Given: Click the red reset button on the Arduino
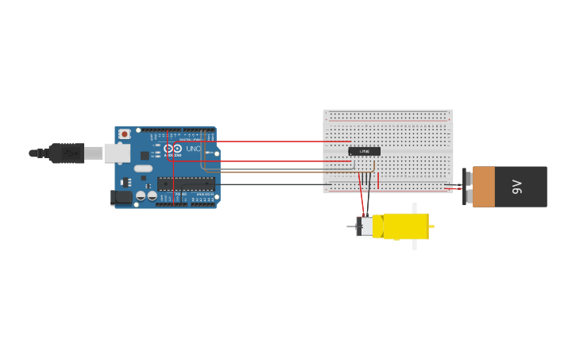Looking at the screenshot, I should (x=125, y=134).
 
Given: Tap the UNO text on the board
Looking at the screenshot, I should (x=193, y=149).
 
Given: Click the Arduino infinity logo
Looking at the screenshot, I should (x=172, y=149).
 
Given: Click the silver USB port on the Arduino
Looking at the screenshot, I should (x=117, y=153).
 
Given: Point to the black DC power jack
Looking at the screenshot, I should (x=121, y=198).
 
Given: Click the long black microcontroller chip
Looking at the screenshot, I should (x=186, y=184).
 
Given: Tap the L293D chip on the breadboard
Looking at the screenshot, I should (x=364, y=151).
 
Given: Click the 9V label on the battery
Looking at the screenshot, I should (x=517, y=187).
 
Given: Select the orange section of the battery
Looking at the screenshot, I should (x=483, y=187).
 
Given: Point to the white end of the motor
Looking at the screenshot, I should (x=365, y=226).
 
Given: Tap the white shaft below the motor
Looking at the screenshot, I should (x=415, y=245).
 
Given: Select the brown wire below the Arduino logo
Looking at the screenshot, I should (x=278, y=170).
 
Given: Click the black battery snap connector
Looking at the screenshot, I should (x=466, y=187).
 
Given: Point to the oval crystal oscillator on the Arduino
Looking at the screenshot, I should (x=143, y=168).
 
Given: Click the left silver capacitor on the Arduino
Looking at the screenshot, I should (x=141, y=195).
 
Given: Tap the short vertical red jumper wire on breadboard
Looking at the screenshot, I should (x=378, y=181).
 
